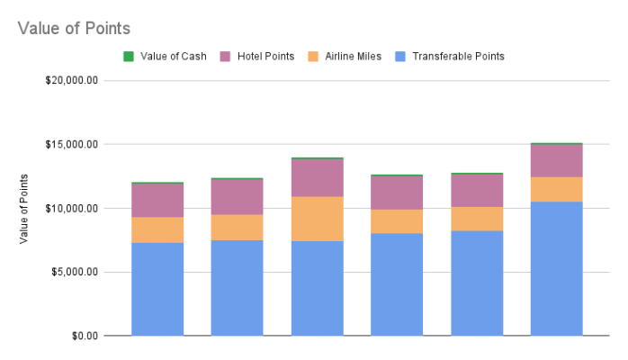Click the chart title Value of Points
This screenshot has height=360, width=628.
74,29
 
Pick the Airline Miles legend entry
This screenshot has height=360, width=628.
350,56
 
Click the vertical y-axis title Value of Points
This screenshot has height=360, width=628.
24,208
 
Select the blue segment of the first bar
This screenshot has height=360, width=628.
157,289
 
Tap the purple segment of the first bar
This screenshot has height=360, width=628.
157,200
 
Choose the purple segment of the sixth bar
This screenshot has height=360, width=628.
556,160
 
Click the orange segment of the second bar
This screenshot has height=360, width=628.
237,227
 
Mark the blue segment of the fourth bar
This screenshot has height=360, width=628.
397,284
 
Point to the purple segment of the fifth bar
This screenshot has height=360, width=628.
476,190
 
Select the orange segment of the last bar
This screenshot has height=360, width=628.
556,189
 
